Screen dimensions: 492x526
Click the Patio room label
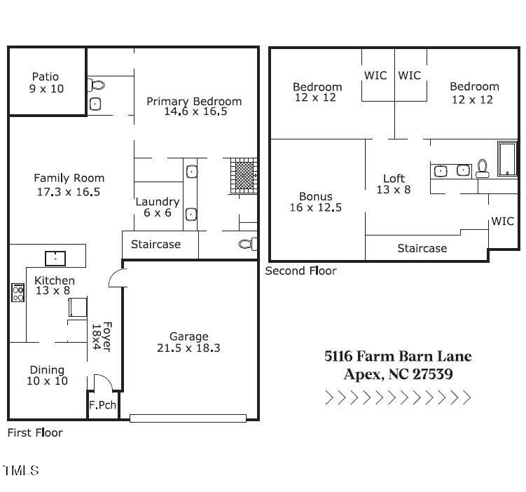point(46,76)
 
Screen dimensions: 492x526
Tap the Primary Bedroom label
point(194,101)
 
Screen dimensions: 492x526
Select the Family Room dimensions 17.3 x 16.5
point(69,191)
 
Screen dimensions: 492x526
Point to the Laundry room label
point(157,201)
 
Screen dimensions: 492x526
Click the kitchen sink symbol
point(55,258)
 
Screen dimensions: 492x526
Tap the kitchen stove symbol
point(18,292)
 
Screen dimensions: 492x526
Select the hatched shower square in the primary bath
point(243,174)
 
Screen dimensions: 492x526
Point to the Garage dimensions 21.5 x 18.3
point(189,348)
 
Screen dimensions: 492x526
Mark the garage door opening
point(188,418)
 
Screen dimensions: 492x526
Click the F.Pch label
point(102,405)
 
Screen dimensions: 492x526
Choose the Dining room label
point(47,369)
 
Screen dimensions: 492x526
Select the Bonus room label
point(315,196)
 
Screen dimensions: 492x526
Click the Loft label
point(394,178)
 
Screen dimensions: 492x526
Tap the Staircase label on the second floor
point(422,248)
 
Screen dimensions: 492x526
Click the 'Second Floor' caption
point(300,271)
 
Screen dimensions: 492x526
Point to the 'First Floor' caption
point(35,432)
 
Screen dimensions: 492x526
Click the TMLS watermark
point(21,470)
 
